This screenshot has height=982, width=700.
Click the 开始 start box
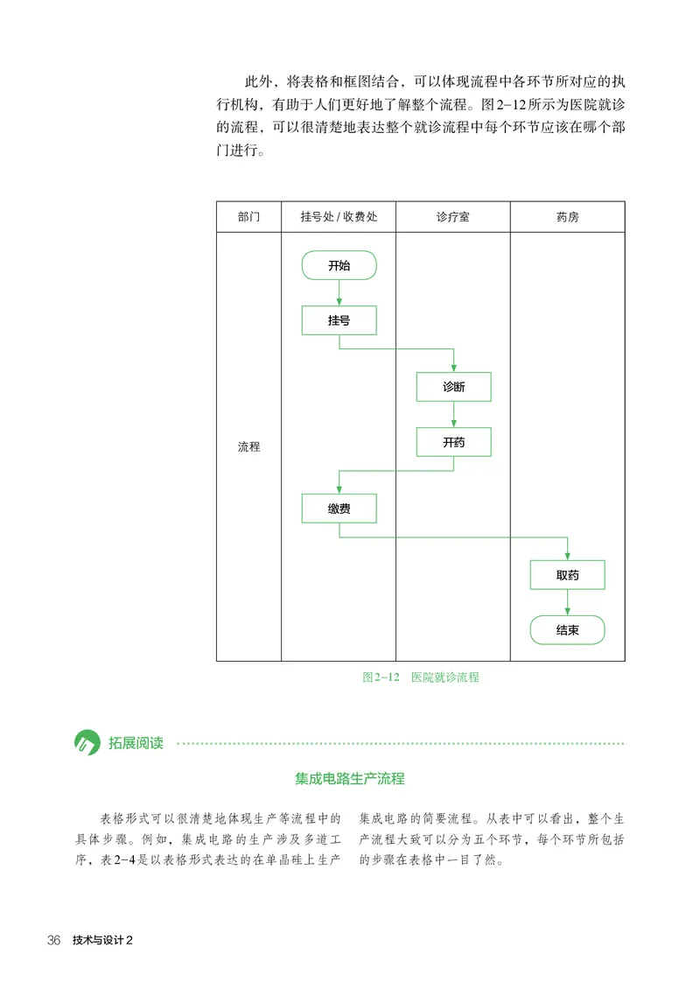pyautogui.click(x=339, y=265)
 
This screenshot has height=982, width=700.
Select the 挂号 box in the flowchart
pyautogui.click(x=339, y=320)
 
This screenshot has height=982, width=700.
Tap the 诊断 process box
pyautogui.click(x=453, y=387)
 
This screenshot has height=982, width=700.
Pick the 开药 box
pyautogui.click(x=453, y=442)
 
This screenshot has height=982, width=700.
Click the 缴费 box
pyautogui.click(x=339, y=509)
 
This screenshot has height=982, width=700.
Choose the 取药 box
pyautogui.click(x=567, y=575)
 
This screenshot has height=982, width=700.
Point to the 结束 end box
pyautogui.click(x=567, y=629)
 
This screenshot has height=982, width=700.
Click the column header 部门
pyautogui.click(x=248, y=217)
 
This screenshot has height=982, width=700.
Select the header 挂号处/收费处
pyautogui.click(x=339, y=217)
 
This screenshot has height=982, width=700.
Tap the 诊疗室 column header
pyautogui.click(x=452, y=217)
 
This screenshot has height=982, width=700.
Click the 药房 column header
pyautogui.click(x=567, y=217)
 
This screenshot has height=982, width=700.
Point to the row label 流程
pyautogui.click(x=248, y=446)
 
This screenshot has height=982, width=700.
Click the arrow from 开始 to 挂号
pyautogui.click(x=339, y=293)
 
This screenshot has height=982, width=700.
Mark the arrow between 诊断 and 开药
pyautogui.click(x=453, y=415)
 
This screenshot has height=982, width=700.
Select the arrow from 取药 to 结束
pyautogui.click(x=567, y=602)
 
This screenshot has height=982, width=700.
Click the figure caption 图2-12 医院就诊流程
pyautogui.click(x=421, y=677)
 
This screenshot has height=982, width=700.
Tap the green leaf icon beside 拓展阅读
pyautogui.click(x=87, y=743)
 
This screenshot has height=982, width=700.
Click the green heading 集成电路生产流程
pyautogui.click(x=350, y=778)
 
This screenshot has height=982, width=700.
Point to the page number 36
pyautogui.click(x=54, y=941)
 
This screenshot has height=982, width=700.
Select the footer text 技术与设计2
pyautogui.click(x=102, y=941)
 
